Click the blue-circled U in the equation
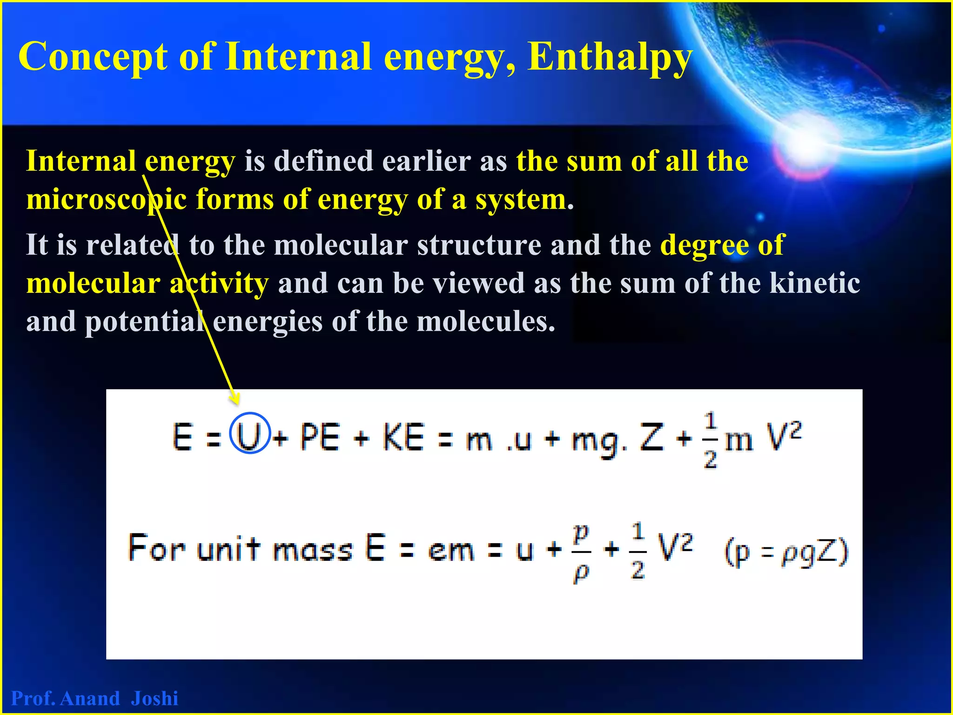(250, 433)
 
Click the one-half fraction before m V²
(710, 440)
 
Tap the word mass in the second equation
(313, 549)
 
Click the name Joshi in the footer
(154, 698)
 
